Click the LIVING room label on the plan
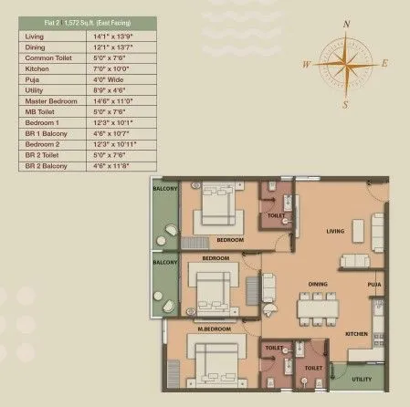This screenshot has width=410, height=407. (x=335, y=232)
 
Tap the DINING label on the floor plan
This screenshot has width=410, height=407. (x=318, y=284)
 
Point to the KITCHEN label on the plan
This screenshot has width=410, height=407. (x=355, y=334)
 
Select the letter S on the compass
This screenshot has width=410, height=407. (x=344, y=104)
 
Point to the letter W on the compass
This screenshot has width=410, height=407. (x=305, y=64)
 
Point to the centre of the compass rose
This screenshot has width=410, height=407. (x=344, y=64)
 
